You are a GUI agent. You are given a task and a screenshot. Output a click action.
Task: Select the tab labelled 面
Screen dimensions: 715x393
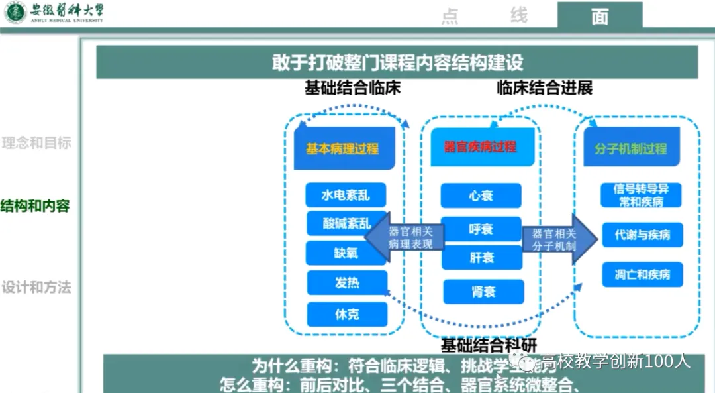tap(600, 16)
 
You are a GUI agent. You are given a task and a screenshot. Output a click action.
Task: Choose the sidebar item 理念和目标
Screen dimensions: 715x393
tap(36, 143)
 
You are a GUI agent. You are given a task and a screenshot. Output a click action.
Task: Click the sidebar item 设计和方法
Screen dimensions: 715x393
tap(36, 288)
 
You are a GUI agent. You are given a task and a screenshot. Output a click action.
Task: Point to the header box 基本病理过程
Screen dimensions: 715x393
tap(343, 149)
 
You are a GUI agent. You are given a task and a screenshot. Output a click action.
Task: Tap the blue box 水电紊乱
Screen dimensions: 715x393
tap(346, 196)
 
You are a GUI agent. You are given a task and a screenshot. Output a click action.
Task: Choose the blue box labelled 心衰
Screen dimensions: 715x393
tap(481, 196)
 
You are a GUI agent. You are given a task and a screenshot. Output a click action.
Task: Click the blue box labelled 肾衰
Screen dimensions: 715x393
tap(483, 292)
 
